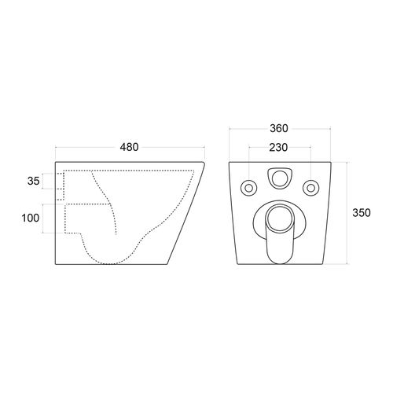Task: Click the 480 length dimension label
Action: pyautogui.click(x=129, y=147)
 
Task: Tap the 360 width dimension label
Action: pyautogui.click(x=279, y=128)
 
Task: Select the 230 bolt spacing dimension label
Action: pyautogui.click(x=278, y=148)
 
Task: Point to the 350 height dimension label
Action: pyautogui.click(x=362, y=213)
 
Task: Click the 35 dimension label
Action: pyautogui.click(x=34, y=181)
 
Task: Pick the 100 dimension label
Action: pyautogui.click(x=31, y=218)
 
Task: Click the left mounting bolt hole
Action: pyautogui.click(x=248, y=188)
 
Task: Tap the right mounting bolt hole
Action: pyautogui.click(x=310, y=188)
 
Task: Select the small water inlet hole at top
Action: pyautogui.click(x=279, y=178)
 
